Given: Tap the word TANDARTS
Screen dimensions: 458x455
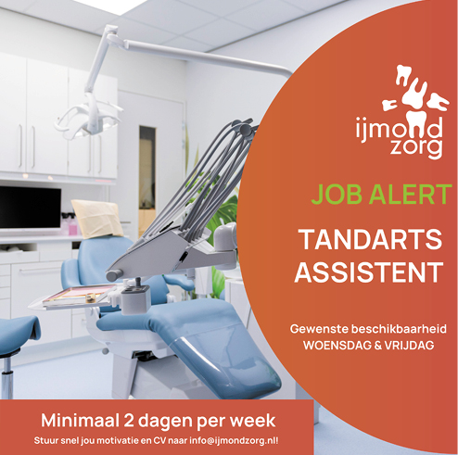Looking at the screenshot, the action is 371,239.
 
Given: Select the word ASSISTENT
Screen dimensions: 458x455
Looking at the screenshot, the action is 368,272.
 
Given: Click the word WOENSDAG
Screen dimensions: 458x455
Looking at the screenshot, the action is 337,346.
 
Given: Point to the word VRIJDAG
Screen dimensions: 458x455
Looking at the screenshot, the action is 409,346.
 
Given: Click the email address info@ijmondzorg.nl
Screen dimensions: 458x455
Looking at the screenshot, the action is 233,440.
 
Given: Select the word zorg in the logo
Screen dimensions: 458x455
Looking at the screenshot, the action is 415,148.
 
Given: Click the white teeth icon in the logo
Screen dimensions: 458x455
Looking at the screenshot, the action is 414,94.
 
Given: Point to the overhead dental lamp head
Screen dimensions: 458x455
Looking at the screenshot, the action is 87,119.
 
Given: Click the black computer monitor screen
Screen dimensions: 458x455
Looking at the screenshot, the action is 31,207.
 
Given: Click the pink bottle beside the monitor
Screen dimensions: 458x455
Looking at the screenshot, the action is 72,227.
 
